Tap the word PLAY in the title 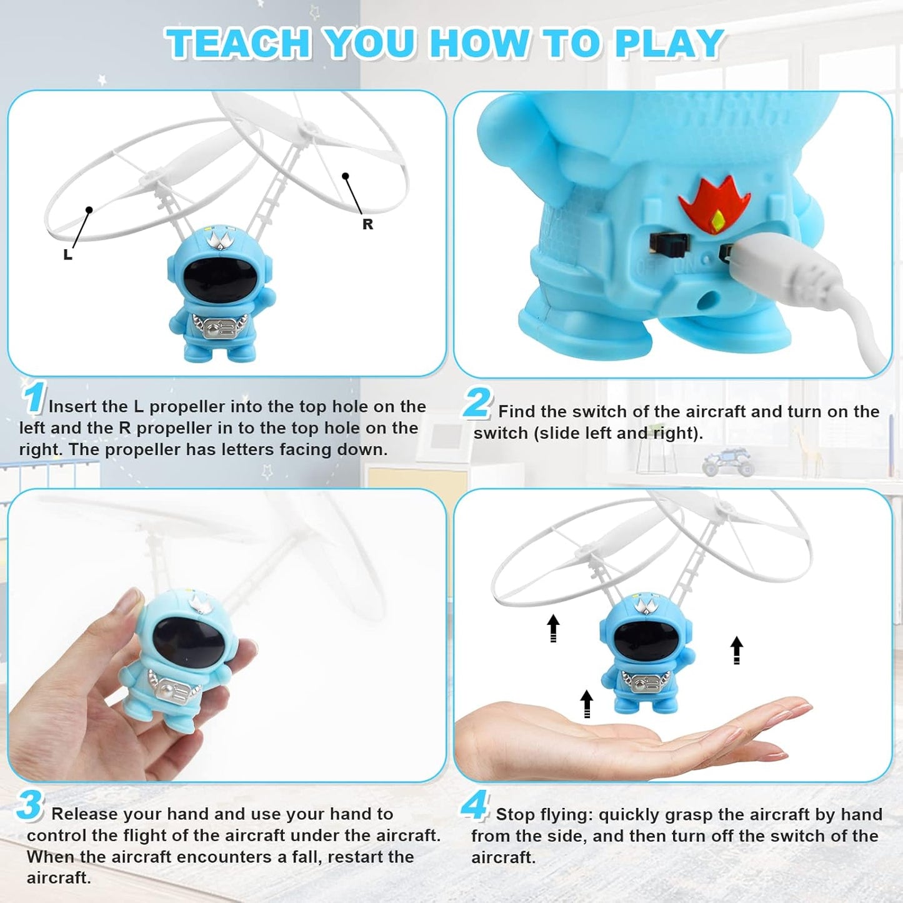click(x=669, y=44)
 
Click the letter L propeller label click(x=67, y=254)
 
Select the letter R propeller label click(x=367, y=224)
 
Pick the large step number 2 click(x=477, y=403)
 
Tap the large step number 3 click(x=29, y=806)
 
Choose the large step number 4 click(x=475, y=806)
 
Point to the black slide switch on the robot click(x=666, y=246)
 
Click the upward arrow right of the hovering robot click(x=737, y=650)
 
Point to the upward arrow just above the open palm click(x=586, y=704)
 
